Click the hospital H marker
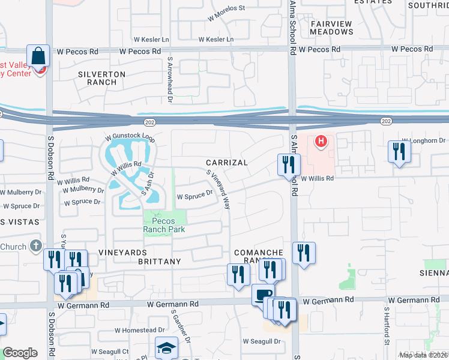[x=321, y=142]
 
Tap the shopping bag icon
[x=38, y=57]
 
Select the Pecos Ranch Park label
[x=164, y=224]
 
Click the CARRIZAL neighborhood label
[x=226, y=163]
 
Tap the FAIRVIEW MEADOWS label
[x=331, y=28]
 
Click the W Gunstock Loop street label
[x=130, y=137]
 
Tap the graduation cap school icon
[x=166, y=347]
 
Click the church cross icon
[x=35, y=246]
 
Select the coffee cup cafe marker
[x=262, y=293]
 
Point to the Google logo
[x=20, y=353]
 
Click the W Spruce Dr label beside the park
[x=194, y=195]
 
